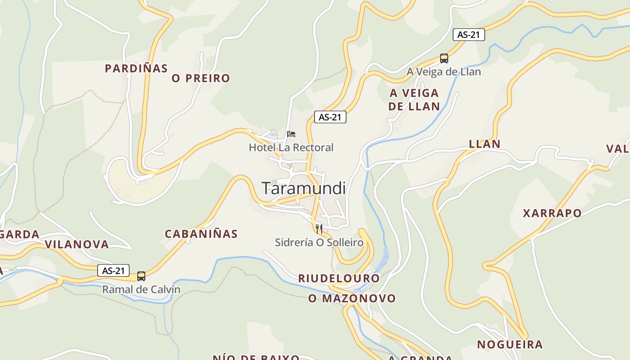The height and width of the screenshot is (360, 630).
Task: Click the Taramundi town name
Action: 304,188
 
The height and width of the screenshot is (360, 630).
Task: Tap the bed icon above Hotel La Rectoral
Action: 291,134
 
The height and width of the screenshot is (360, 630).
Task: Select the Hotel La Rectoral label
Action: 291,147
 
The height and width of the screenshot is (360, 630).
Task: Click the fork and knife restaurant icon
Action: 319,229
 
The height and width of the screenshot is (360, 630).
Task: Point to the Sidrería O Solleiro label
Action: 319,243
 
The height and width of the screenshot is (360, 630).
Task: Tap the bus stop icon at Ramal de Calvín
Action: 141,276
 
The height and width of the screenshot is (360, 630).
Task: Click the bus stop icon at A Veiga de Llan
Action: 444,58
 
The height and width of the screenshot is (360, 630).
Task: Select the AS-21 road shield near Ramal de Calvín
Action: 113,270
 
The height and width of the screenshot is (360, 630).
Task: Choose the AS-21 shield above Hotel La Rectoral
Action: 330,117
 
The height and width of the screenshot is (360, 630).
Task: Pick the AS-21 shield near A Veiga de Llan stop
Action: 469,35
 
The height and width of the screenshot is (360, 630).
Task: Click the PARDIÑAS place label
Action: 136,68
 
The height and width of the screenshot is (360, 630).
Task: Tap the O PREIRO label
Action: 201,78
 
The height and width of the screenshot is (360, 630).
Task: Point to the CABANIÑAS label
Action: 201,234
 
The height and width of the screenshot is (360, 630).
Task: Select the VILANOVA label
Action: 77,244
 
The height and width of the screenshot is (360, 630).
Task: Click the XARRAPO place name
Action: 552,213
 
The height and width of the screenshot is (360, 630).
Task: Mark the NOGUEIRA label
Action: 510,345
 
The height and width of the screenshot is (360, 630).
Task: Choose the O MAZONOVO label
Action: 352,298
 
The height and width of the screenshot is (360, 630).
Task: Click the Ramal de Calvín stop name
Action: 141,289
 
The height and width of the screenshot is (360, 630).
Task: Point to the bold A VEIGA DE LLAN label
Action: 414,100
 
